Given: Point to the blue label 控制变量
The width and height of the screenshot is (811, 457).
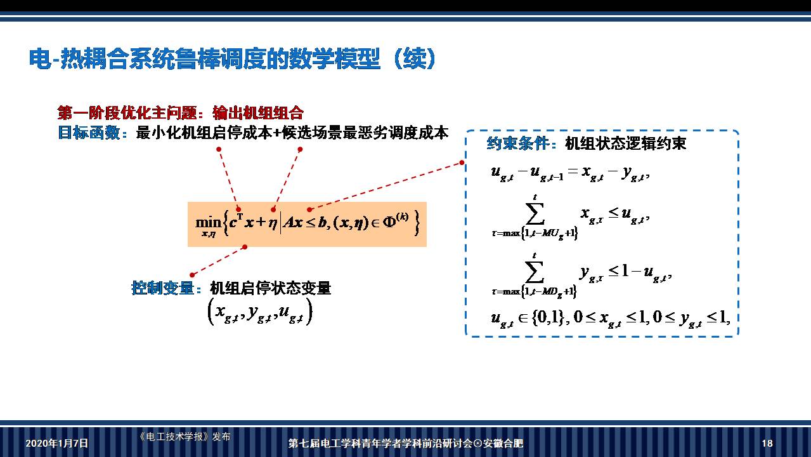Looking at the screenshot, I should click(x=162, y=288).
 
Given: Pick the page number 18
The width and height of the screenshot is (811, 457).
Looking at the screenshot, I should click(x=767, y=443).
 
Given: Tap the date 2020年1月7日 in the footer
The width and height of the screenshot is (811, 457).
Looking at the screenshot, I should click(x=56, y=443).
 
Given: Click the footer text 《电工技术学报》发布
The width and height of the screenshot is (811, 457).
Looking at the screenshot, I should click(x=184, y=437).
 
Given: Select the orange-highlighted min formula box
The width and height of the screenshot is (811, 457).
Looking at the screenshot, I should click(x=307, y=224).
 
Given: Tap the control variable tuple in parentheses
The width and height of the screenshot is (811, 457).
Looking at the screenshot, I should click(x=260, y=312).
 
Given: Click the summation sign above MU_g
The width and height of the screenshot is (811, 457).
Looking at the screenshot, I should click(x=535, y=215).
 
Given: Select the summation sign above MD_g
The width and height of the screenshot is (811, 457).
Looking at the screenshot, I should click(x=535, y=272).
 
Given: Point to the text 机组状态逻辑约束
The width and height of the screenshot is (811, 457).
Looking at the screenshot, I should click(x=625, y=143).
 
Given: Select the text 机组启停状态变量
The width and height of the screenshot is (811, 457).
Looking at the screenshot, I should click(x=271, y=288).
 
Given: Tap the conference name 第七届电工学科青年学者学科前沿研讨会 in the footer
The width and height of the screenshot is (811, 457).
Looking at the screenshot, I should click(x=380, y=443).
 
